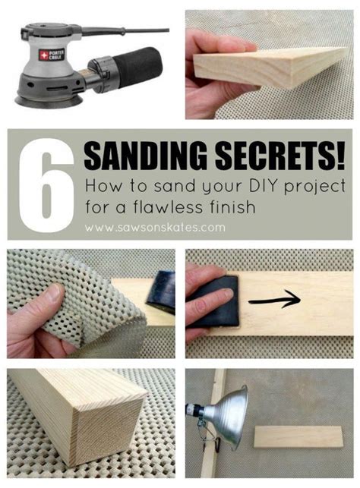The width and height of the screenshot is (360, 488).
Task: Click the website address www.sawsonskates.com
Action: [155, 227]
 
